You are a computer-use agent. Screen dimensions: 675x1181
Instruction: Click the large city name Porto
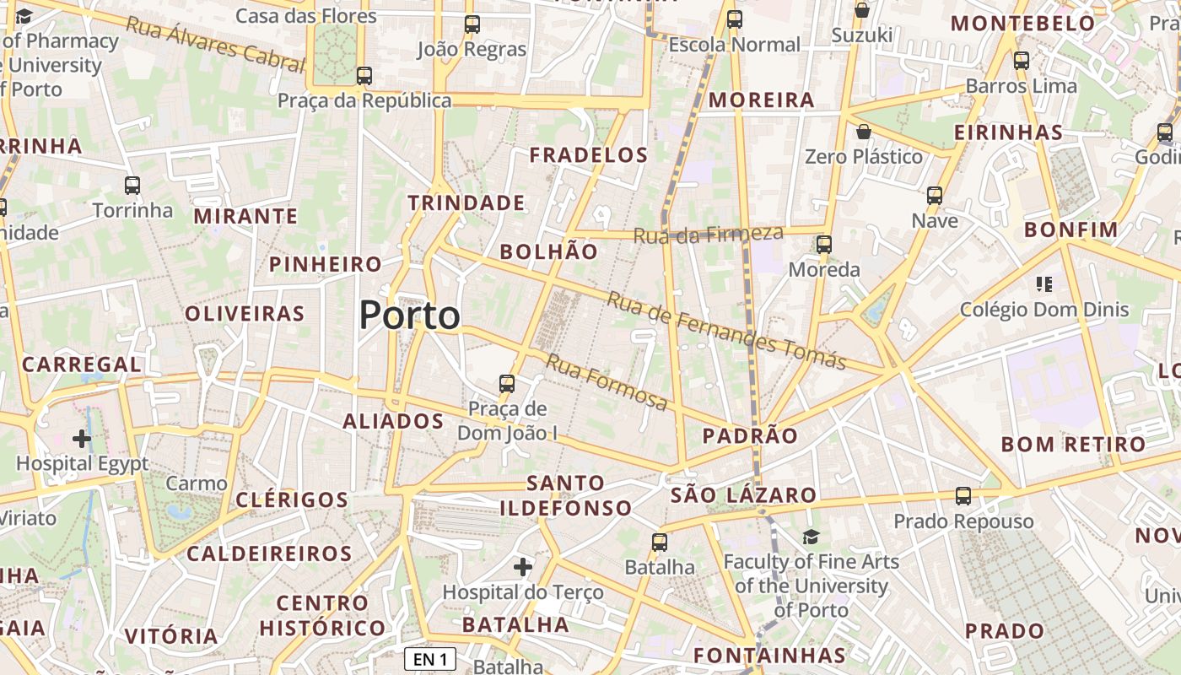coord(410,316)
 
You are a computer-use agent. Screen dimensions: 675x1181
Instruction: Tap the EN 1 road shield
coord(430,658)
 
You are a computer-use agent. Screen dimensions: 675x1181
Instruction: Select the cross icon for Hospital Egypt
coord(82,439)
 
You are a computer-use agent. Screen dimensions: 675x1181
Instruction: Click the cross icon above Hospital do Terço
coord(523,567)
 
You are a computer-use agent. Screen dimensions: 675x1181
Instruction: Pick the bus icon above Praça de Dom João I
coord(507,384)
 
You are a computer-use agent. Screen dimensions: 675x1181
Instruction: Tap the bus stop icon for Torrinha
coord(132,186)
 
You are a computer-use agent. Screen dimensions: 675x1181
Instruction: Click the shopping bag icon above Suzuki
coord(862,10)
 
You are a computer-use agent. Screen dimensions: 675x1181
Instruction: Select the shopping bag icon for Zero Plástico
coord(863,132)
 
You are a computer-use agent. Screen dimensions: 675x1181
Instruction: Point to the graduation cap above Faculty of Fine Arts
coord(811,537)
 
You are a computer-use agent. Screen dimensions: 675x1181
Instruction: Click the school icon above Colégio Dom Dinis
coord(1044,284)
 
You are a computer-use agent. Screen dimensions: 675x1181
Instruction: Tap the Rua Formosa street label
coord(607,382)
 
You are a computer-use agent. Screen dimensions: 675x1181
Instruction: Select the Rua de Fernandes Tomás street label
coord(726,331)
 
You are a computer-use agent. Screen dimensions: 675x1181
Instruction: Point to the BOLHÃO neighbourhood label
coord(548,251)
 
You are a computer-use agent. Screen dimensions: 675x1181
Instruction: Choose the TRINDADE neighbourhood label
coord(466,203)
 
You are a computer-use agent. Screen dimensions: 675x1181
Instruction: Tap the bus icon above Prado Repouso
coord(963,496)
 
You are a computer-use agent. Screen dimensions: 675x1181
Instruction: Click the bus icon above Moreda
coord(824,245)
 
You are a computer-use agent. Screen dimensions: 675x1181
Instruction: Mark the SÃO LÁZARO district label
coord(743,495)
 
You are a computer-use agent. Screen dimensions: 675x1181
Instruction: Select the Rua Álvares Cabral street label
coord(214,43)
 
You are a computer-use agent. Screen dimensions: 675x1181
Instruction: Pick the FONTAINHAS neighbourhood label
coord(769,656)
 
